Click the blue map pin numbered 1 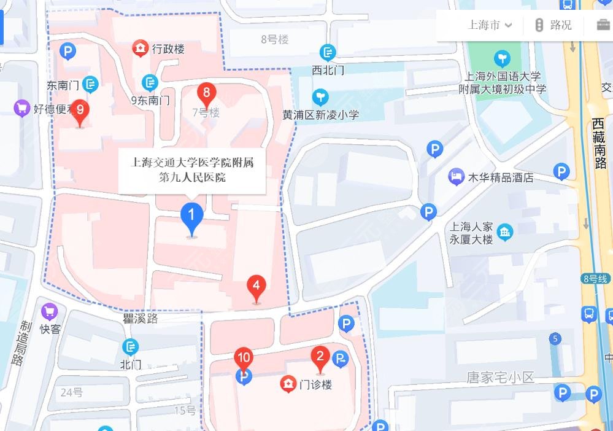click(191, 216)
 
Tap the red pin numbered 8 click(206, 94)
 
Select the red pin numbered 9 click(80, 111)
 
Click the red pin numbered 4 click(256, 287)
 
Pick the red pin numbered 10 click(244, 359)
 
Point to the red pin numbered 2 click(319, 357)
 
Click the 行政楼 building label click(168, 49)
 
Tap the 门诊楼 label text click(315, 385)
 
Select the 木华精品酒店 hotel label click(500, 177)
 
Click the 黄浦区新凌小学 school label click(320, 115)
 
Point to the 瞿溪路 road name click(140, 319)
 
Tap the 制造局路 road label click(23, 344)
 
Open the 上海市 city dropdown click(490, 25)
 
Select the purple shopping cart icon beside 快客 click(49, 312)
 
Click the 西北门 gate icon click(328, 52)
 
